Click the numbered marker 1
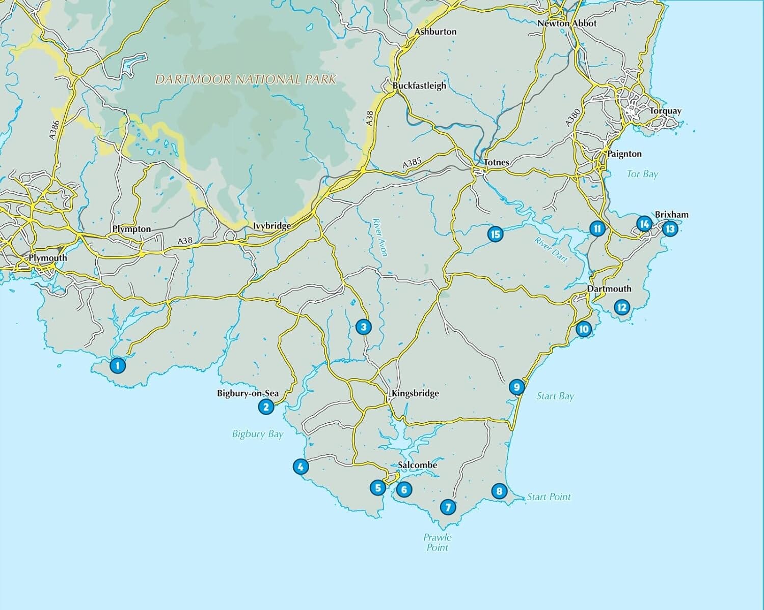(x=117, y=365)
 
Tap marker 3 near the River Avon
(x=363, y=327)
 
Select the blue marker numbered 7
(x=448, y=507)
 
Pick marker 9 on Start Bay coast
(x=516, y=387)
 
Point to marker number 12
(x=621, y=307)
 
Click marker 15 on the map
(x=495, y=234)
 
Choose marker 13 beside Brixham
(x=670, y=229)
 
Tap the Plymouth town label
(x=47, y=258)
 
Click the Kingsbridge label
(x=415, y=393)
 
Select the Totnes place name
(x=496, y=162)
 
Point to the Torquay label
(x=665, y=111)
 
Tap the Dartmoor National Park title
(x=245, y=79)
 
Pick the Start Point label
(x=549, y=497)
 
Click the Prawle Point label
(x=437, y=542)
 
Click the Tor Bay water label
(x=642, y=174)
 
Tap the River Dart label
(x=551, y=250)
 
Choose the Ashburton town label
(x=435, y=32)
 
